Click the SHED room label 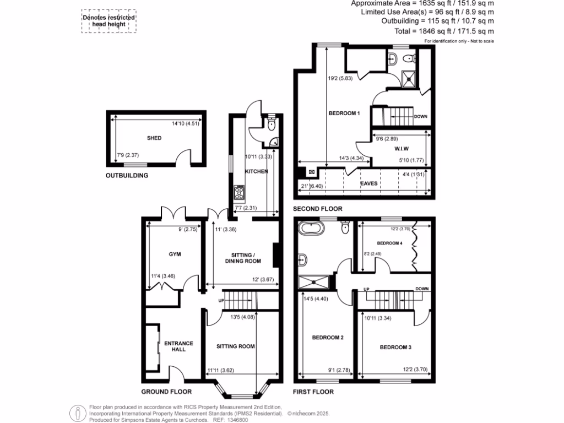click(154, 138)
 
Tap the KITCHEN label click(257, 171)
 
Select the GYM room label click(175, 254)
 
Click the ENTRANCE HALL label click(179, 346)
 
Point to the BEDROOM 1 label click(344, 113)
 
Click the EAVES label click(369, 183)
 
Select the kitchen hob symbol click(240, 192)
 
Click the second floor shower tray click(409, 78)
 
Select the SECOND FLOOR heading click(317, 209)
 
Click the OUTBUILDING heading click(127, 176)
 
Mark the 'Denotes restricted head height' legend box click(109, 21)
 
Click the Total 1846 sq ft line click(443, 32)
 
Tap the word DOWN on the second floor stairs click(421, 116)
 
